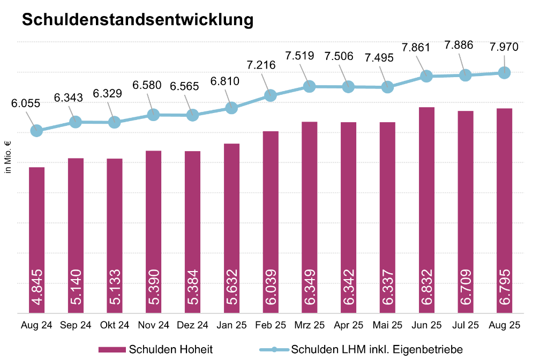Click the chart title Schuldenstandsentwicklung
click(x=137, y=20)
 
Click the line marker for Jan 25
click(x=231, y=108)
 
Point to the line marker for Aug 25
click(x=504, y=72)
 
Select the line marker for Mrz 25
click(x=309, y=86)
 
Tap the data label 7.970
click(x=504, y=47)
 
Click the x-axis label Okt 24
click(x=115, y=325)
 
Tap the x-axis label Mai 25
click(x=387, y=325)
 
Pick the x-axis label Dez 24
click(x=192, y=325)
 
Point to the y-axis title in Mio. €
click(x=7, y=156)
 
